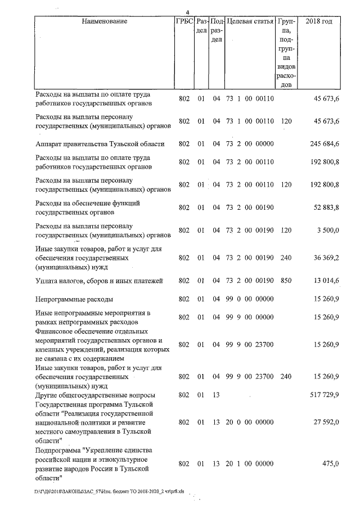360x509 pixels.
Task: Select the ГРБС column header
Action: click(185, 21)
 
